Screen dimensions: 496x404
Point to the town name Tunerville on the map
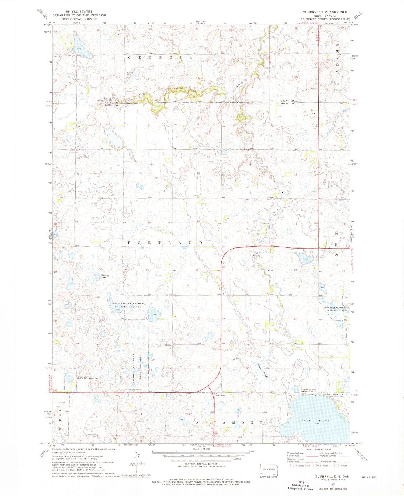[x=220, y=396]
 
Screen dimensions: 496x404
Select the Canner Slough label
[x=262, y=371]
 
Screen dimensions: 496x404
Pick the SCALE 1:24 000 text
[x=201, y=449]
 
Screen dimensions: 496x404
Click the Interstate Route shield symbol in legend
[x=292, y=466]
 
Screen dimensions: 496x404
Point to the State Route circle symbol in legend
[x=333, y=466]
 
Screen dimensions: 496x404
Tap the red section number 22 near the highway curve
[x=197, y=270]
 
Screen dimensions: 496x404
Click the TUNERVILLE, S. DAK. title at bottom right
[x=333, y=476]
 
